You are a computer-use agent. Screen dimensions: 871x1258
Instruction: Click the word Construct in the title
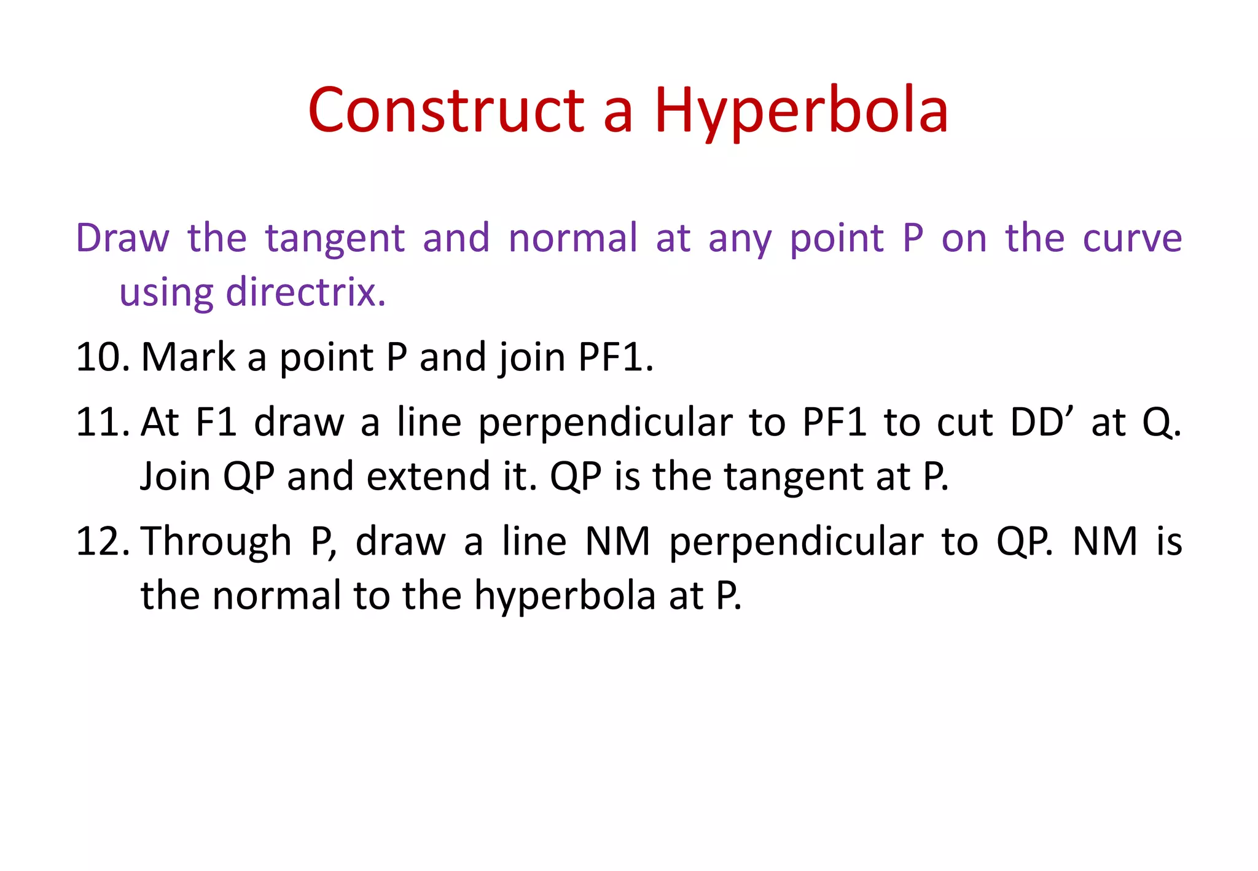[446, 111]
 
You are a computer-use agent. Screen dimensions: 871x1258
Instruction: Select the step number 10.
[102, 357]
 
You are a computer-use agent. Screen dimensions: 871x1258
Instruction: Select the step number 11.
[102, 423]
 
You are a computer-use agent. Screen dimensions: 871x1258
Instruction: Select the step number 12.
[102, 542]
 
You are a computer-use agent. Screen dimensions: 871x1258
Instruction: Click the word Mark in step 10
[188, 357]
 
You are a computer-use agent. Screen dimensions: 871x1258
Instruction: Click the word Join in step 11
[174, 477]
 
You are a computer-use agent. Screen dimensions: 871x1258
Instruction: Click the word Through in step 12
[216, 542]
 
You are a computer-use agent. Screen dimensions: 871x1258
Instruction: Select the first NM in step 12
[617, 542]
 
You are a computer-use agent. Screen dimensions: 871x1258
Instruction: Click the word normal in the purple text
[572, 238]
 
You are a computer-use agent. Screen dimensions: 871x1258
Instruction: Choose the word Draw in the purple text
[122, 238]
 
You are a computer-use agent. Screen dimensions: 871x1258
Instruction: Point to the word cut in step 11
[964, 424]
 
